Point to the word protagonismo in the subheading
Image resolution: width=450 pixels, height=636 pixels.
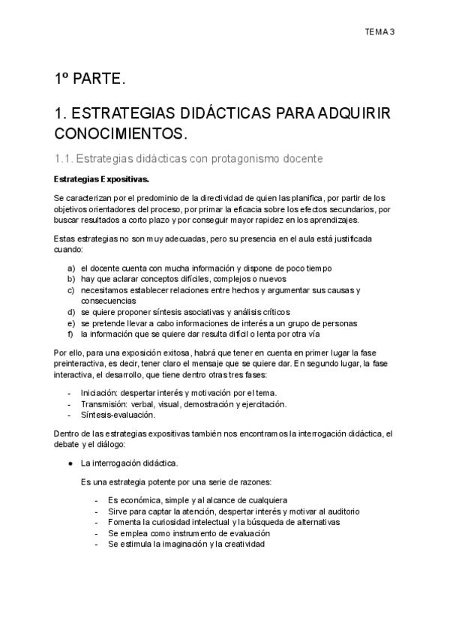click(x=232, y=158)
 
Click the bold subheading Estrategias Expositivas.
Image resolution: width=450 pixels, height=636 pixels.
click(x=102, y=179)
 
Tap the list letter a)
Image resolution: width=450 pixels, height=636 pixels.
click(x=71, y=268)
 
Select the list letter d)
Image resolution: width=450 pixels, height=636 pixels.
click(x=71, y=311)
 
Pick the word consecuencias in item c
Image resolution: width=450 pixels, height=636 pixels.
click(x=109, y=301)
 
